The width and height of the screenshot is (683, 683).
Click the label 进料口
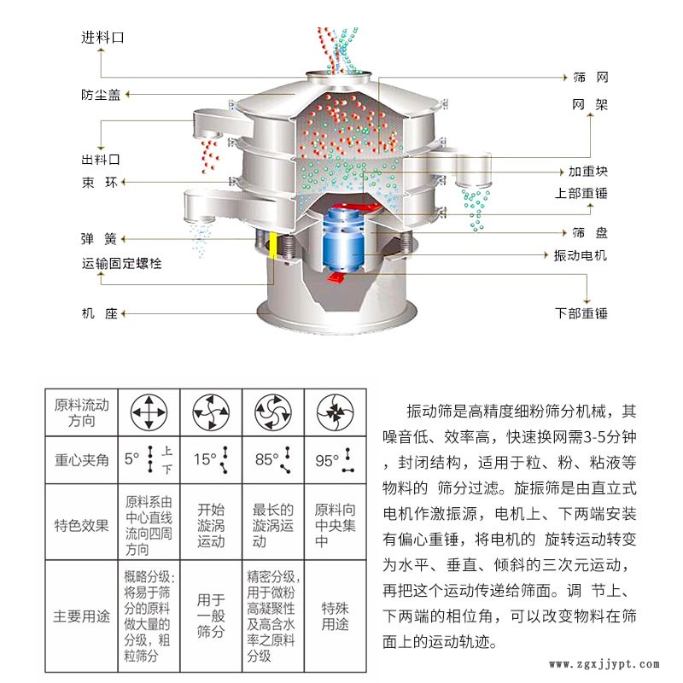[102, 38]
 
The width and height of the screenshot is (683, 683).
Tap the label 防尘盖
[101, 95]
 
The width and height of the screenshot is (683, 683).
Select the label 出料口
[101, 160]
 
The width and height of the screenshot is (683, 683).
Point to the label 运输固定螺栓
[121, 263]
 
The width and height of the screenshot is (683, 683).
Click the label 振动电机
[581, 255]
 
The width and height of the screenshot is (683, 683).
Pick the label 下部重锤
[581, 313]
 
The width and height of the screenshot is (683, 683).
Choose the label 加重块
[587, 172]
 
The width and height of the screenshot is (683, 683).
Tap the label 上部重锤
[581, 193]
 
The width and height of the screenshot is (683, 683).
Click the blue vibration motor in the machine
[344, 239]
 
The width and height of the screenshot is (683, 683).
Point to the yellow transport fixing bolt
[273, 245]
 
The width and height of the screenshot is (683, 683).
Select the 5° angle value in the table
[132, 458]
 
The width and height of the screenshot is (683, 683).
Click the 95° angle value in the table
[327, 460]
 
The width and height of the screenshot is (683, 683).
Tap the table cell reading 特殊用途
[335, 616]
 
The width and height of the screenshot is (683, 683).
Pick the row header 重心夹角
[81, 460]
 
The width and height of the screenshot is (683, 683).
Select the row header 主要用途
[81, 616]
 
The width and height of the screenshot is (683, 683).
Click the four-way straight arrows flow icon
[149, 412]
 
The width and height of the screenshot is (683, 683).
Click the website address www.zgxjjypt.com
[604, 664]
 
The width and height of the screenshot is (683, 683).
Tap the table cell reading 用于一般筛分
[211, 616]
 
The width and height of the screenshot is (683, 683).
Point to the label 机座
[100, 313]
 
